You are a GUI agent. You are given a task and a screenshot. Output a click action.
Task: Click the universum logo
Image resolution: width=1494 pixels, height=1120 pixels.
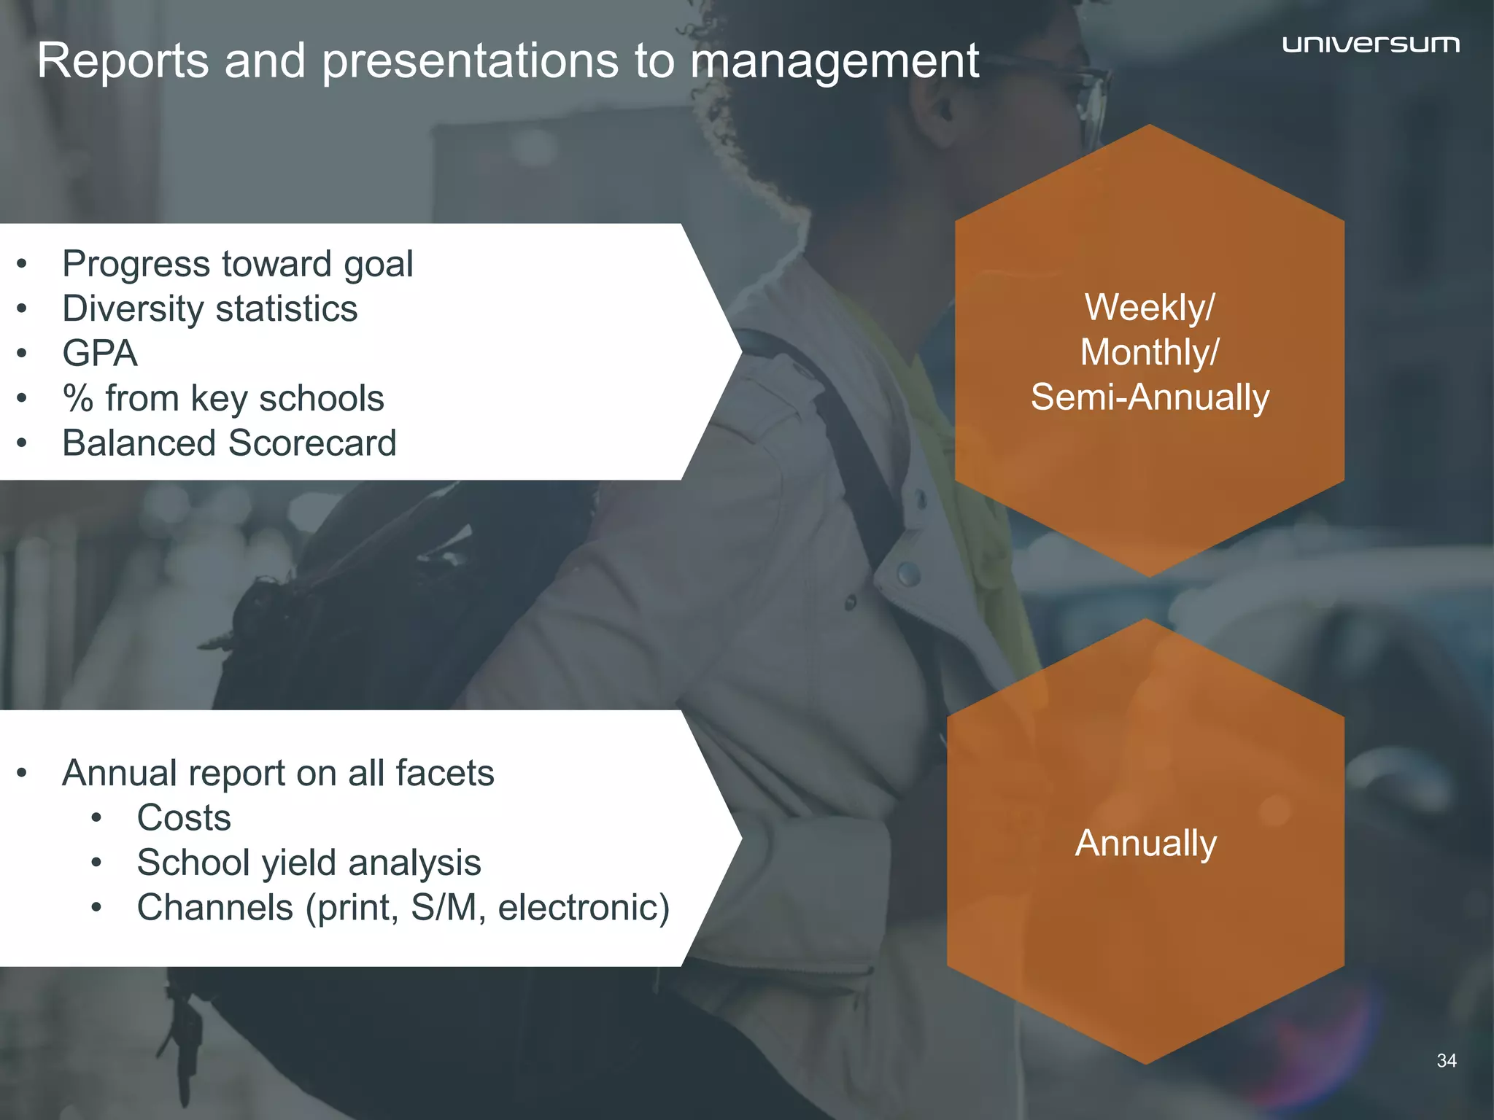pos(1371,44)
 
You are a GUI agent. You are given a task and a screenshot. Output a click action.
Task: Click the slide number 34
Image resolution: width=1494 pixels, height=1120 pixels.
pos(1446,1061)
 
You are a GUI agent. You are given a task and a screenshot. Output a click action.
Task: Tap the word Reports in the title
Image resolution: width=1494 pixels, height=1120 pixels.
pos(123,61)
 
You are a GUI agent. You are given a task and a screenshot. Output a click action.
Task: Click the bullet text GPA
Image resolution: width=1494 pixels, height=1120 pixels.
pos(100,354)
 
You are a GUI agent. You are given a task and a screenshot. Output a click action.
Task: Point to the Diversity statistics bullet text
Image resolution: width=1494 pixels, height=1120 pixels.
pos(210,309)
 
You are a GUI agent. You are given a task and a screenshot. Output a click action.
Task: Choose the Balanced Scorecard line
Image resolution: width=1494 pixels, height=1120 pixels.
pos(229,443)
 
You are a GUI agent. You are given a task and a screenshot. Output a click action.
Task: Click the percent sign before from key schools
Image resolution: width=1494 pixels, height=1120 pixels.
pos(78,399)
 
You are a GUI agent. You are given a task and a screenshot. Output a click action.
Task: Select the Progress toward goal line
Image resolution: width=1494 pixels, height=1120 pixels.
pos(237,264)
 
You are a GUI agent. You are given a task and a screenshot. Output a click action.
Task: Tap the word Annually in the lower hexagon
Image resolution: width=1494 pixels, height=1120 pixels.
pos(1146,844)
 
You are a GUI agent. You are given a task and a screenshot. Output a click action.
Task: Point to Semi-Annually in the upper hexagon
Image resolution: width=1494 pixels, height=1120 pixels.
pos(1150,397)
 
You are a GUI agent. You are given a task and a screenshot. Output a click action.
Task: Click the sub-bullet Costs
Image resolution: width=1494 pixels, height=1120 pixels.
pos(184,818)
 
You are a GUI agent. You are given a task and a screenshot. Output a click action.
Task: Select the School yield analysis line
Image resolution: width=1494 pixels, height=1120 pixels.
pos(309,863)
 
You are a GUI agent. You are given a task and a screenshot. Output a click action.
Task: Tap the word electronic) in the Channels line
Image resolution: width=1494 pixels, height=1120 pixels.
pos(584,909)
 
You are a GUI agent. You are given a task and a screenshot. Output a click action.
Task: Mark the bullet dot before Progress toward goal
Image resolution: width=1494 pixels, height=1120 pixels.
pos(22,264)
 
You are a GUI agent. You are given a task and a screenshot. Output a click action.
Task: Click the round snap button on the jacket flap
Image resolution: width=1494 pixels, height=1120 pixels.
pos(908,574)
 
